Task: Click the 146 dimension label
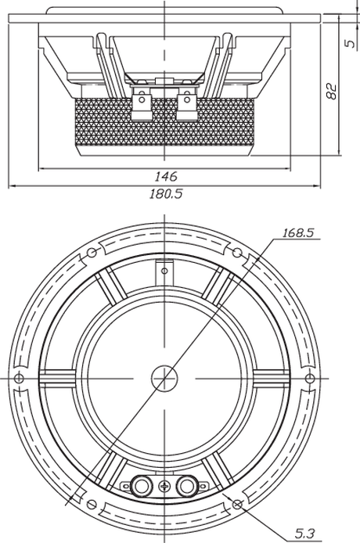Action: tap(166, 177)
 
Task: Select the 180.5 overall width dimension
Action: tap(166, 193)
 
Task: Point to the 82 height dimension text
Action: tap(332, 91)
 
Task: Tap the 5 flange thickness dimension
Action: tap(351, 43)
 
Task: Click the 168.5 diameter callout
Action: tap(298, 232)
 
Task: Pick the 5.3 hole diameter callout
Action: tap(305, 534)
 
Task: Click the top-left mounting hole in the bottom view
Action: tap(92, 253)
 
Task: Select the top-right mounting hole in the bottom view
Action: tap(237, 253)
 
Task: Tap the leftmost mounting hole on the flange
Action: tap(20, 378)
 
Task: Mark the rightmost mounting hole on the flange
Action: tap(309, 378)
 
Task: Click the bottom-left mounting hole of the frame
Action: tap(92, 504)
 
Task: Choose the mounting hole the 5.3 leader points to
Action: tap(237, 504)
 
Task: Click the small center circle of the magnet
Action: tap(164, 378)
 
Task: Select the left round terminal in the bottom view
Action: tap(140, 487)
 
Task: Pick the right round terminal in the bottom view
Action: tap(188, 487)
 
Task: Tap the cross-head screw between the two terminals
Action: tap(164, 487)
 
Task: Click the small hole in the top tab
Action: tap(164, 271)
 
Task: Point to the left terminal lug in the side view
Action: tap(141, 103)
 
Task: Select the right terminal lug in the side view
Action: tap(188, 103)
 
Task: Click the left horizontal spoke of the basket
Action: tap(57, 378)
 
